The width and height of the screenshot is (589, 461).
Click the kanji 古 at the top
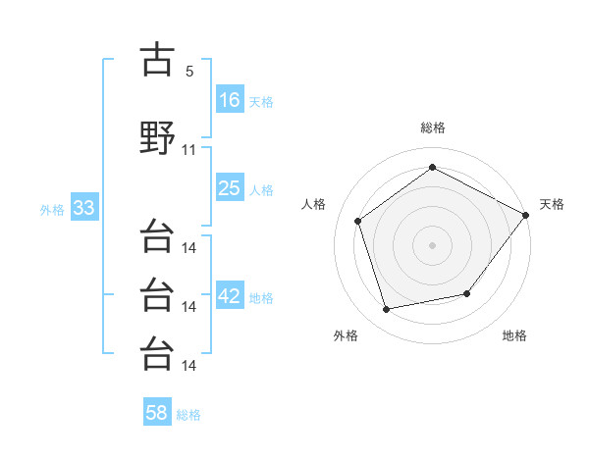pos(157,59)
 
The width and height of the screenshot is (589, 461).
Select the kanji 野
pos(157,137)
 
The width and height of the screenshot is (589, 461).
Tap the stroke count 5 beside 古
pos(189,72)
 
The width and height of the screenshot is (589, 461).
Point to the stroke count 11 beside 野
pos(188,150)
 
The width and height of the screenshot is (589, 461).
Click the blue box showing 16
pos(230,99)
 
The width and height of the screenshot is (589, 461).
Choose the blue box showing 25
pos(230,187)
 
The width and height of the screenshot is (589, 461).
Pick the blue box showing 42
pos(230,294)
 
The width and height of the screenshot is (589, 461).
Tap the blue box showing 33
pos(84,207)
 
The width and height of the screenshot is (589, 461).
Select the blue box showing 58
pos(157,411)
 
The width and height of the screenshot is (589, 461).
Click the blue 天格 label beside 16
pos(261,102)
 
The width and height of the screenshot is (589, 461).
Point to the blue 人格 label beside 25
pos(261,190)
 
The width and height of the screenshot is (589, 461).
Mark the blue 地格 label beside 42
pos(261,298)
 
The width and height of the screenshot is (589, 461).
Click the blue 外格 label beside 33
pos(52,210)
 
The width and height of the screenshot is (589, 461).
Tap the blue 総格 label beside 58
pos(188,415)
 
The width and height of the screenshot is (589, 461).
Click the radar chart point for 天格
pos(525,215)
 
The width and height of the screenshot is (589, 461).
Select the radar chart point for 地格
pos(467,293)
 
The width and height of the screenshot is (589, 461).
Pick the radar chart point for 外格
pos(386,309)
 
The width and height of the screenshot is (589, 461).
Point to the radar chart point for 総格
pos(432,167)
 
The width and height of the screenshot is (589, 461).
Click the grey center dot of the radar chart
pos(432,245)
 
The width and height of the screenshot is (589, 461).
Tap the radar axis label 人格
pos(313,204)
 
